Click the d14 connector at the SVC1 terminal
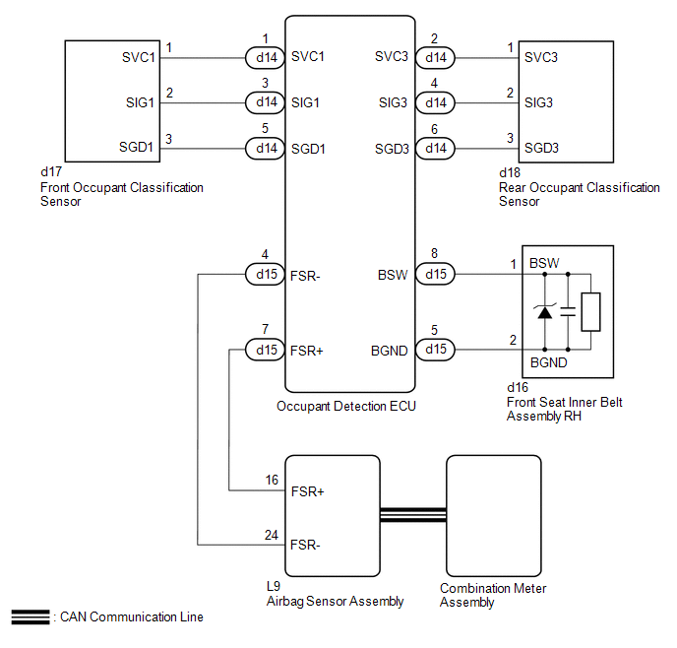click(x=265, y=57)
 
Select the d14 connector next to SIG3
click(x=435, y=102)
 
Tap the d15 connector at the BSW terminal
click(x=435, y=274)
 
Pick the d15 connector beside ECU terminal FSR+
click(x=265, y=350)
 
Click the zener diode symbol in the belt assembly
click(x=545, y=311)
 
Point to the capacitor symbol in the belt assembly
click(x=568, y=311)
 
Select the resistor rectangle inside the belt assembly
click(x=590, y=312)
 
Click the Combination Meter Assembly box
click(x=494, y=516)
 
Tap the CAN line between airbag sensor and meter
click(x=413, y=515)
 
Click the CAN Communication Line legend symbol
click(x=31, y=616)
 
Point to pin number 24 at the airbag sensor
click(x=272, y=536)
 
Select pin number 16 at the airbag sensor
click(x=272, y=480)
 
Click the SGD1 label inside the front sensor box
click(x=136, y=148)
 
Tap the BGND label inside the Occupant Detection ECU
click(x=389, y=351)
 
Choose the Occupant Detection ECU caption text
click(x=345, y=407)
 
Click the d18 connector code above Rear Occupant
click(x=510, y=172)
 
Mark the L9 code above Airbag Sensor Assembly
click(x=274, y=586)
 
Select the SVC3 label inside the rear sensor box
click(x=541, y=57)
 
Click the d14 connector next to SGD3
click(x=435, y=148)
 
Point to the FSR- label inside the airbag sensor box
click(x=305, y=545)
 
